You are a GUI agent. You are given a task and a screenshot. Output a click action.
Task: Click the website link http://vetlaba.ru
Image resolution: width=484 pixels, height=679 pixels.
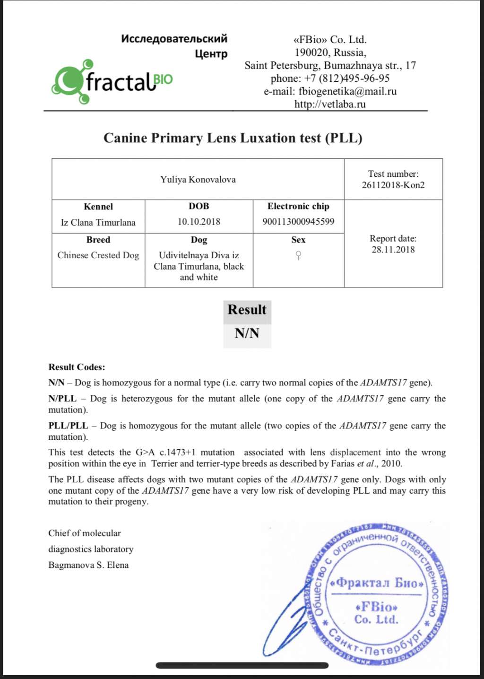[x=330, y=104]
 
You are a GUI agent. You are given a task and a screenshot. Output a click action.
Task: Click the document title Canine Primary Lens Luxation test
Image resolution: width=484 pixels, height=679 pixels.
[x=233, y=138]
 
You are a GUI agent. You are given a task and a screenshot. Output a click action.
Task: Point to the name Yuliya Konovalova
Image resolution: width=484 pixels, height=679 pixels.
[x=198, y=180]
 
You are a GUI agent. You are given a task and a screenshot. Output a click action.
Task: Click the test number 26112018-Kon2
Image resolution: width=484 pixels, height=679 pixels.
[x=393, y=185]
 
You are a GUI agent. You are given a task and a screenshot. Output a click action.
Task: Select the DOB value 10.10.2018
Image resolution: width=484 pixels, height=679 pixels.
[x=199, y=222]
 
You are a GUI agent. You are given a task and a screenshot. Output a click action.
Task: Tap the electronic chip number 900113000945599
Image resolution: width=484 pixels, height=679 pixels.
[x=298, y=222]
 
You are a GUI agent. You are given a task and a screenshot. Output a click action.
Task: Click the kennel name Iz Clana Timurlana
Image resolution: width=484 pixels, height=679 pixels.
[x=98, y=222]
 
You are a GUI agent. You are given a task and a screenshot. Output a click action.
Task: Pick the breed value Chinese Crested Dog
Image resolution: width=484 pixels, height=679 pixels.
[x=98, y=255]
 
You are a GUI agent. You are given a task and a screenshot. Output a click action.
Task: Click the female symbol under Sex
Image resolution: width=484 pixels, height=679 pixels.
[x=298, y=256]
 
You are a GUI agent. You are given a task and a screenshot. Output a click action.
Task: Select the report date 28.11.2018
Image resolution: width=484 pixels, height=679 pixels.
[x=393, y=250]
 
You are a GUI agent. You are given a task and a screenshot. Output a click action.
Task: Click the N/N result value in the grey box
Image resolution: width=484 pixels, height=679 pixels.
[x=247, y=334]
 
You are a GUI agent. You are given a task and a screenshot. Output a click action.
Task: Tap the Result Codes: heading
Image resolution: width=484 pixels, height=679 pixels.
[x=77, y=367]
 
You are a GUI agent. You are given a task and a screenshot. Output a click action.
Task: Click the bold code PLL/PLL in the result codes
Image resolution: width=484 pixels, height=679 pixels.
[x=68, y=426]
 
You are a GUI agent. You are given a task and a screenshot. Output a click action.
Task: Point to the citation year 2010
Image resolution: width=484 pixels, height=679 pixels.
[x=391, y=463]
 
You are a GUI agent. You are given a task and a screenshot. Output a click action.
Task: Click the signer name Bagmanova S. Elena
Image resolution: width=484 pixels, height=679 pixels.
[x=88, y=565]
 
